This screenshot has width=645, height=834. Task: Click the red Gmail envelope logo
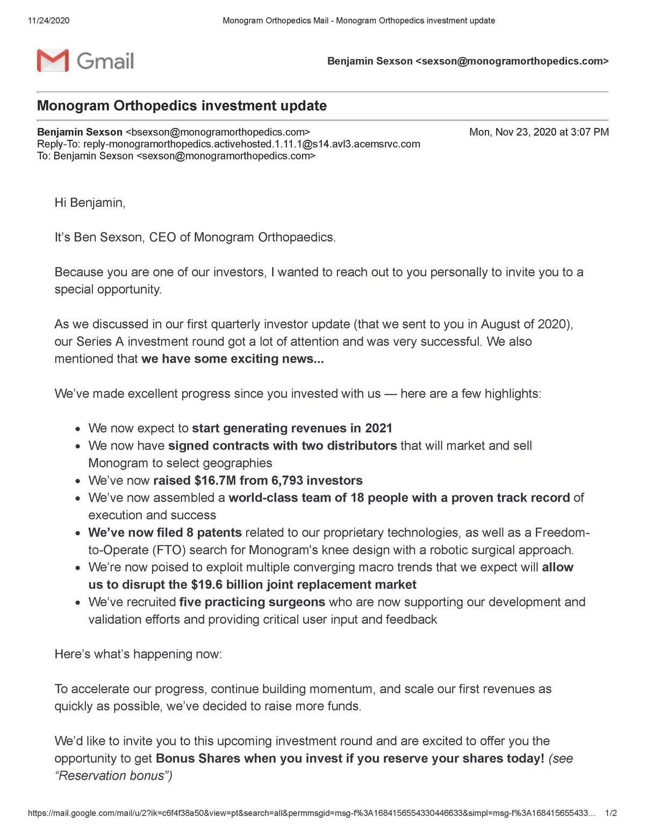click(x=53, y=60)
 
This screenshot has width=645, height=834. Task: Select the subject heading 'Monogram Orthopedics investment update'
click(x=182, y=106)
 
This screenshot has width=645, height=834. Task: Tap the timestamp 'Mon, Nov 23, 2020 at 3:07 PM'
click(x=539, y=132)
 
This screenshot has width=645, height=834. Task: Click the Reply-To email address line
click(x=228, y=144)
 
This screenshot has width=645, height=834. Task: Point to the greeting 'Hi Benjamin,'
click(x=90, y=202)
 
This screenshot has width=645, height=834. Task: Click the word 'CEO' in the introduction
click(x=162, y=237)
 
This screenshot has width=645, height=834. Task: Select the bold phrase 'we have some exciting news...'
click(x=232, y=359)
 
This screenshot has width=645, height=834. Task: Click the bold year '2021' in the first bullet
click(x=378, y=428)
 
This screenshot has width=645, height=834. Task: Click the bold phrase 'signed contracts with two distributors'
click(x=282, y=446)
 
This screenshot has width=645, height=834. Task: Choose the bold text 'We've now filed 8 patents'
click(x=165, y=533)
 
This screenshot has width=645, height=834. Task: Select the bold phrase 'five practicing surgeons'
click(x=252, y=602)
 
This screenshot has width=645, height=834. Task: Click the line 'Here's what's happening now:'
click(x=138, y=654)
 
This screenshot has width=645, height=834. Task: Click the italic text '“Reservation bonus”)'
click(x=113, y=775)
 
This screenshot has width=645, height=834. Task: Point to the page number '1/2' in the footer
click(x=611, y=813)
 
